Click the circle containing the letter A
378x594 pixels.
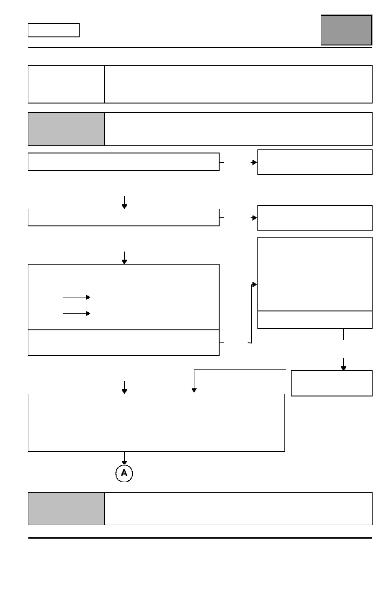(x=124, y=473)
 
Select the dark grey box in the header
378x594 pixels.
(x=346, y=30)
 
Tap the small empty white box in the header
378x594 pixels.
(x=54, y=30)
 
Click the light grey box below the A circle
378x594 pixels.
(x=66, y=508)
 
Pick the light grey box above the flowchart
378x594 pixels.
(x=66, y=129)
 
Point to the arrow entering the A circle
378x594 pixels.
(x=124, y=458)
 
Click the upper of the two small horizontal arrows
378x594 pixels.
(x=76, y=297)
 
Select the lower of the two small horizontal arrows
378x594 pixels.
(x=76, y=314)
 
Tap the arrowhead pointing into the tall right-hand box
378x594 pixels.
(x=254, y=284)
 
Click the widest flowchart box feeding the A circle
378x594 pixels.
(x=156, y=423)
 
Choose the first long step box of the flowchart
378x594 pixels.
(x=124, y=162)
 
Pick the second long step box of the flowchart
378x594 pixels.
(x=124, y=217)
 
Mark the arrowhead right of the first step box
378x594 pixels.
(x=254, y=162)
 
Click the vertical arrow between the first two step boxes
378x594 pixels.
(x=124, y=202)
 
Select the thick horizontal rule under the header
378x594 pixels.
(x=200, y=47)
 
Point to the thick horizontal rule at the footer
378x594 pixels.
(x=200, y=538)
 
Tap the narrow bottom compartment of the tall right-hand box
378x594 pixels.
(x=315, y=320)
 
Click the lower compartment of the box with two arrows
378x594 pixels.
(x=124, y=342)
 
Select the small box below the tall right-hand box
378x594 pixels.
(x=332, y=383)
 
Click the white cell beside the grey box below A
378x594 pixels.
(x=238, y=508)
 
